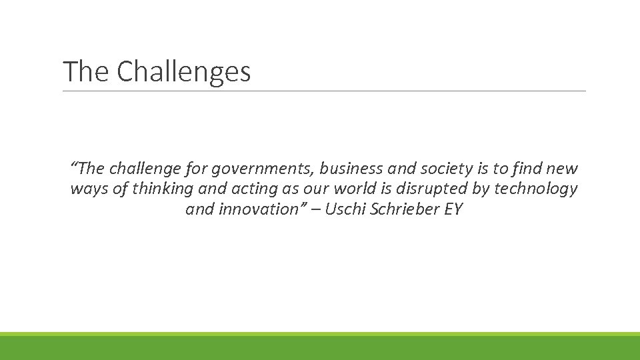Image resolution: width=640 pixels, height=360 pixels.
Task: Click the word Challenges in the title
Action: [183, 71]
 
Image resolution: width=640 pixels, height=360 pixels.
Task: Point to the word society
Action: [435, 169]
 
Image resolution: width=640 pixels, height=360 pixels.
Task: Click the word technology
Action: [535, 189]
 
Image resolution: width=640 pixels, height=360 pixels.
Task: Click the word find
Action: [531, 169]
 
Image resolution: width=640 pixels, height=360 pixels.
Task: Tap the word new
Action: [563, 169]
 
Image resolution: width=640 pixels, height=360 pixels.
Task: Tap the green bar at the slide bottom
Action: [320, 347]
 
